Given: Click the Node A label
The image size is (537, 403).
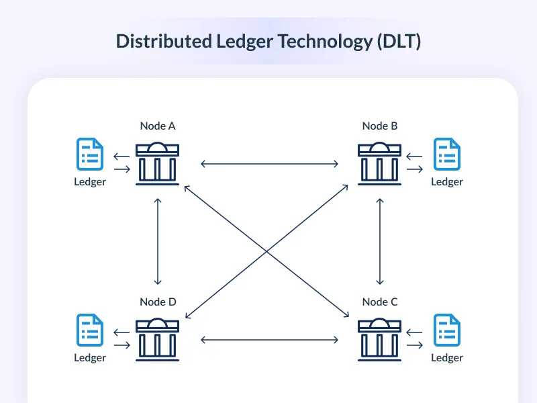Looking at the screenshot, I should pyautogui.click(x=158, y=126).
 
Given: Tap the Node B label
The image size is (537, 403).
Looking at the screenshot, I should pyautogui.click(x=380, y=126).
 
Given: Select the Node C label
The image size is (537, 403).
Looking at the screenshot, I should pyautogui.click(x=380, y=302).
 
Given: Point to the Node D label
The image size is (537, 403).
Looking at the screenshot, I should pyautogui.click(x=158, y=302).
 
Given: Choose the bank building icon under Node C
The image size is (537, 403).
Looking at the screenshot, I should pyautogui.click(x=380, y=339).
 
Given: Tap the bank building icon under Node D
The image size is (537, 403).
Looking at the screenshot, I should pyautogui.click(x=158, y=339).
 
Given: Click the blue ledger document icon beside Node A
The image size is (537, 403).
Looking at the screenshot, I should pyautogui.click(x=90, y=154).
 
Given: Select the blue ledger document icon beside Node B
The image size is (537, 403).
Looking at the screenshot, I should pyautogui.click(x=447, y=154).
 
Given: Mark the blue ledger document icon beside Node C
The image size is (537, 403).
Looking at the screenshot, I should pyautogui.click(x=447, y=330).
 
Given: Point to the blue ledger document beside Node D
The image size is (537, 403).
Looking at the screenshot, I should pyautogui.click(x=90, y=330).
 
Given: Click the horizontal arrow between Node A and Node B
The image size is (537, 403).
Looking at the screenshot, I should pyautogui.click(x=269, y=163).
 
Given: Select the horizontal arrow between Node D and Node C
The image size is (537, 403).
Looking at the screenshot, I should pyautogui.click(x=269, y=340).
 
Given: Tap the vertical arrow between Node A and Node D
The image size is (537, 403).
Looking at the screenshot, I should pyautogui.click(x=158, y=241).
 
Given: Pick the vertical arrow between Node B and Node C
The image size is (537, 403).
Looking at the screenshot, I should pyautogui.click(x=381, y=241).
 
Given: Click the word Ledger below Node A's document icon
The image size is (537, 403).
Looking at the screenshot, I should pyautogui.click(x=90, y=181).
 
